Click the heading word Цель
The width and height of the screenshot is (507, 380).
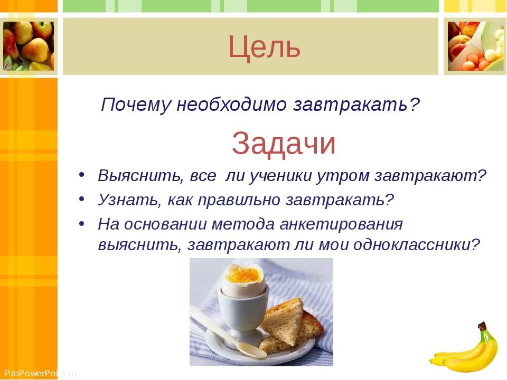tap(264, 47)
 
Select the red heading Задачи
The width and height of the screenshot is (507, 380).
tap(284, 144)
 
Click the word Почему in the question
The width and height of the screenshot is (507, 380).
tap(136, 104)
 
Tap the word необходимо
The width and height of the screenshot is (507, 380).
tap(231, 104)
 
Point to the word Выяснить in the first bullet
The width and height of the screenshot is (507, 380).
tap(140, 176)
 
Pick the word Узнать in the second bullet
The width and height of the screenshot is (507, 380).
tap(129, 200)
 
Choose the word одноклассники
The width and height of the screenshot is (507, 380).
tap(417, 245)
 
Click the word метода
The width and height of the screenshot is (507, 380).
tap(243, 224)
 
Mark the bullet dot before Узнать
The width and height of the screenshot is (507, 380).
tap(81, 199)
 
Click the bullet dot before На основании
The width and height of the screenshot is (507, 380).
tap(81, 224)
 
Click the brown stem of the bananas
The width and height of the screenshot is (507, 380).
tap(483, 326)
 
